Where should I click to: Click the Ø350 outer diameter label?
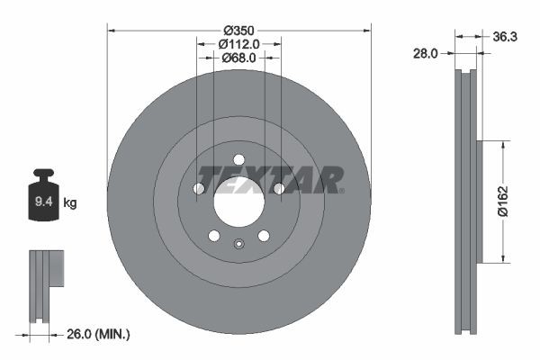pos(238,28)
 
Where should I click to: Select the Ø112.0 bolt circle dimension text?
pos(238,42)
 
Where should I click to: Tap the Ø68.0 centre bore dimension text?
pos(238,57)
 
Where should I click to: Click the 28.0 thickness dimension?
pos(426,53)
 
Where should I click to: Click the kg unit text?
pos(70,203)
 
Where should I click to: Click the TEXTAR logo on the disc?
pos(270,180)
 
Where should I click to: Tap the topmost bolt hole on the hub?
pos(238,161)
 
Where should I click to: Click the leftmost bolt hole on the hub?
pos(199,188)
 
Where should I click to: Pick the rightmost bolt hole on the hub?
pos(278,188)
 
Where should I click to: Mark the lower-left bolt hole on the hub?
pos(214,236)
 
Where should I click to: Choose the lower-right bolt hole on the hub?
pos(264,236)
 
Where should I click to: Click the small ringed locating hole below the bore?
pos(238,244)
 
